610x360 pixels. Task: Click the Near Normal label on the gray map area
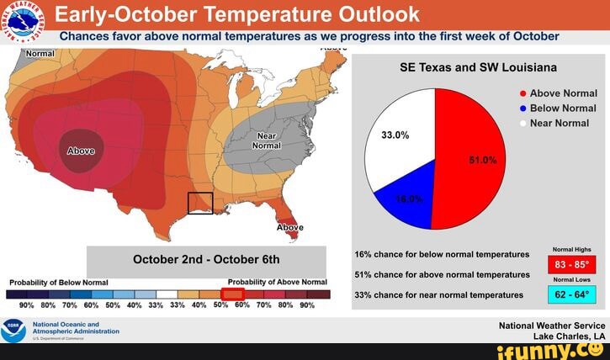pos(266,140)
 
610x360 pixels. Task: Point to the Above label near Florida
pos(290,227)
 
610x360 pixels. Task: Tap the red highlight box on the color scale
pos(232,294)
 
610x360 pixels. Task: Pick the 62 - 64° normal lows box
pos(570,295)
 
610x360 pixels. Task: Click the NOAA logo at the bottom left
pos(14,330)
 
